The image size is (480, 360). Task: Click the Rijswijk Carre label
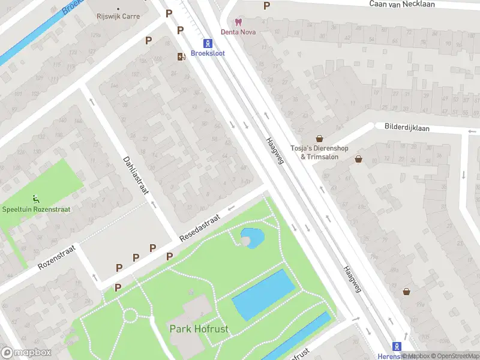pyautogui.click(x=118, y=16)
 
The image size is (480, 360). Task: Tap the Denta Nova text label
pyautogui.click(x=238, y=32)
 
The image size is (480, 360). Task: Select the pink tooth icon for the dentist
pyautogui.click(x=238, y=22)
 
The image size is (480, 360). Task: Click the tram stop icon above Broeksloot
pyautogui.click(x=208, y=43)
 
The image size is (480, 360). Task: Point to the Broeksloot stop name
pyautogui.click(x=208, y=53)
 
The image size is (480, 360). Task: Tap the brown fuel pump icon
pyautogui.click(x=180, y=56)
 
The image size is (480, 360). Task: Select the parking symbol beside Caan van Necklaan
pyautogui.click(x=267, y=6)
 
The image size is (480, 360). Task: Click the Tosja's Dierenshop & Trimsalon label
pyautogui.click(x=314, y=152)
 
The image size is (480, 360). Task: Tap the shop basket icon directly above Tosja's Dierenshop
pyautogui.click(x=319, y=138)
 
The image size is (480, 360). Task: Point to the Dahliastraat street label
pyautogui.click(x=136, y=175)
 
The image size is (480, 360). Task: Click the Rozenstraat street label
pyautogui.click(x=57, y=256)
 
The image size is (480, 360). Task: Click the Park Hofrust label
pyautogui.click(x=197, y=328)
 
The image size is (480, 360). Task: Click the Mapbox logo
pyautogui.click(x=26, y=353)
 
